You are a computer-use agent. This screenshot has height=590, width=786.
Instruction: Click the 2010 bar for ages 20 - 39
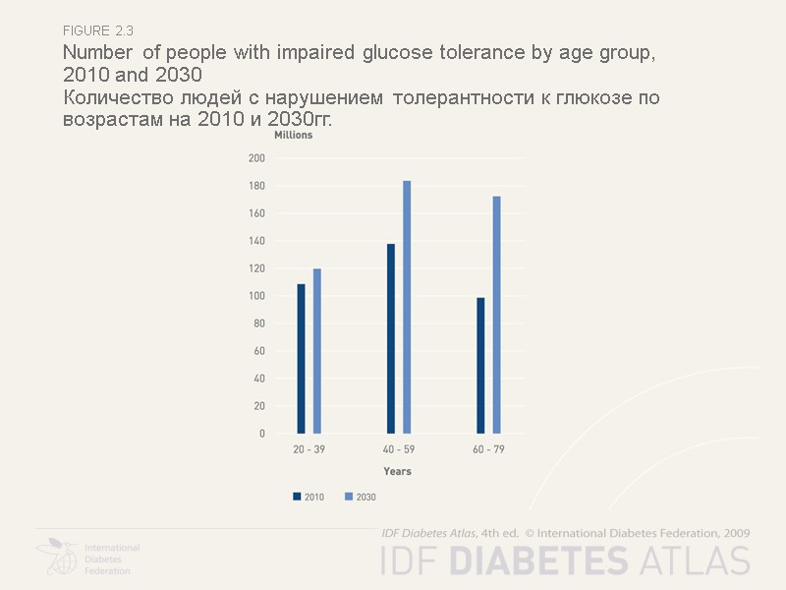[301, 359]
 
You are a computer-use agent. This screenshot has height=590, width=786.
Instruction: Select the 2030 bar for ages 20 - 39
[317, 351]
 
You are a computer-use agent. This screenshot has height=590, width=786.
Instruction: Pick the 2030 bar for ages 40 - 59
[407, 307]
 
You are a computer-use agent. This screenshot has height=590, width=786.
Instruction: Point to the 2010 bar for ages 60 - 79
[480, 365]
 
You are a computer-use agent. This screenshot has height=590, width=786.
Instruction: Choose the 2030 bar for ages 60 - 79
[496, 315]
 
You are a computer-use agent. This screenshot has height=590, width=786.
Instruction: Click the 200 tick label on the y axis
[256, 158]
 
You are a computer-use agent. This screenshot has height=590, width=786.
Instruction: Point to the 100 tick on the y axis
[256, 296]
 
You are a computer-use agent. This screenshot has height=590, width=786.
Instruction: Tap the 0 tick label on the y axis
[262, 434]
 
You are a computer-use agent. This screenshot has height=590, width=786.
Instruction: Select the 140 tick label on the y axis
[256, 241]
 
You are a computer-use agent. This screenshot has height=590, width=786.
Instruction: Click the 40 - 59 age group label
[398, 449]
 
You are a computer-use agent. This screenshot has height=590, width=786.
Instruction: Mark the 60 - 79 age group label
[488, 449]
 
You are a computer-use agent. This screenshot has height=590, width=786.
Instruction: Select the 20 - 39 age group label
[309, 449]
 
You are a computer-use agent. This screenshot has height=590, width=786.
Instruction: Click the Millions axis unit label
[293, 136]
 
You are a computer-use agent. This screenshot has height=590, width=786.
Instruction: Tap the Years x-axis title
[397, 472]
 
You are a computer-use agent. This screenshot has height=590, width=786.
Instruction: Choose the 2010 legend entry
[309, 498]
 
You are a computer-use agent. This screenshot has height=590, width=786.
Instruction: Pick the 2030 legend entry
[361, 498]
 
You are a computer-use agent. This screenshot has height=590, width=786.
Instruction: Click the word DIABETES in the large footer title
[538, 560]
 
